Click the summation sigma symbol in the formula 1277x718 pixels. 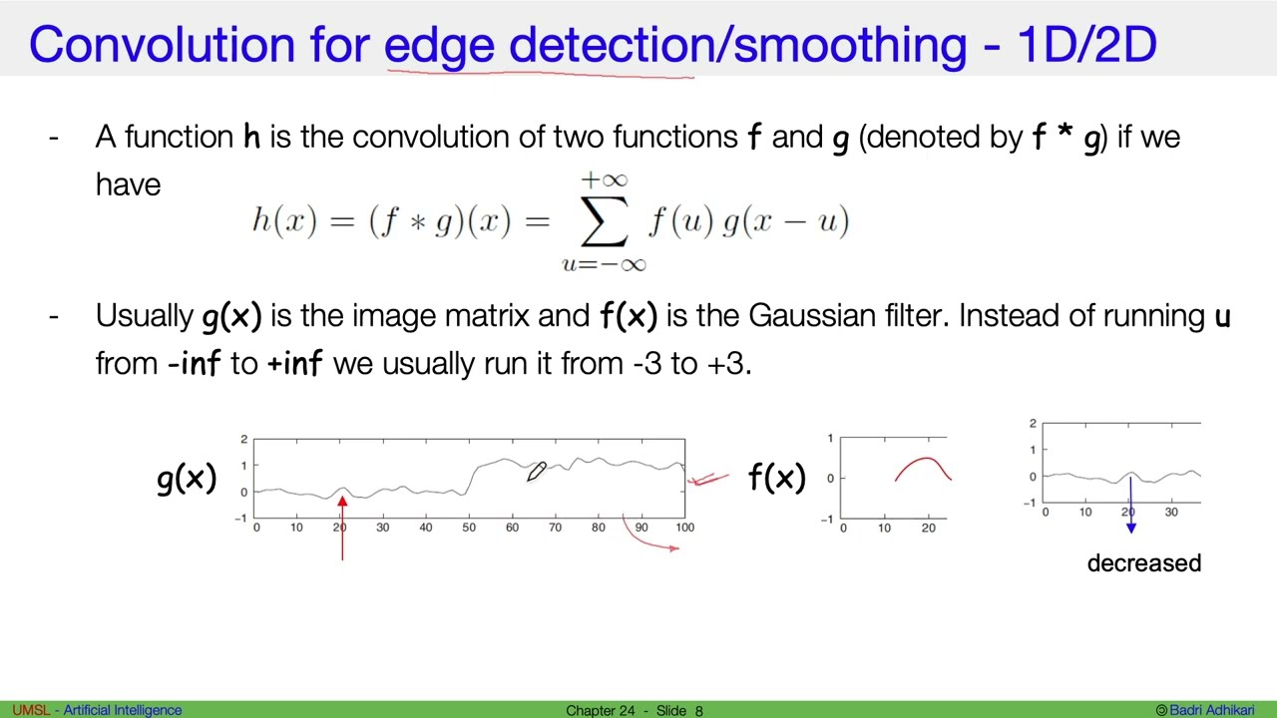tap(603, 221)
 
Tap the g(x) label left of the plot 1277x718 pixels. tap(187, 479)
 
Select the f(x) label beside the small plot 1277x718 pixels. tap(776, 479)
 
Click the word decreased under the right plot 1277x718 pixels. tap(1143, 563)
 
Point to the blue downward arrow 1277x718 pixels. tap(1130, 509)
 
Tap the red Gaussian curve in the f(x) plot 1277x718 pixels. tap(924, 465)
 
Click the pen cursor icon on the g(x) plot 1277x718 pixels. tap(537, 472)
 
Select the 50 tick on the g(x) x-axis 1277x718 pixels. tap(469, 528)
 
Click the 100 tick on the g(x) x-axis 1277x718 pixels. tap(684, 528)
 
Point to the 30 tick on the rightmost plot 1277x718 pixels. tap(1171, 513)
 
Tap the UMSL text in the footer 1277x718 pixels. tap(30, 710)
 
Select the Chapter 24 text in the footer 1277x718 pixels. tap(601, 710)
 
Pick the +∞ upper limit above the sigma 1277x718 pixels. tap(604, 180)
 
